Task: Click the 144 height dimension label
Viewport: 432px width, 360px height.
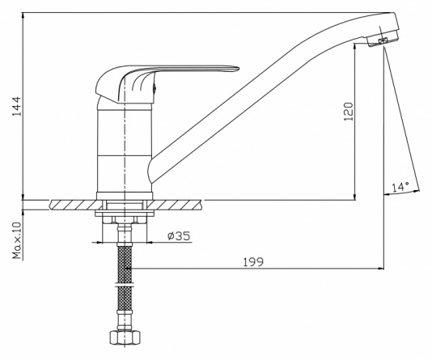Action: click(17, 106)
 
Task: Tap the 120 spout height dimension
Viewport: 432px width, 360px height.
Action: click(348, 112)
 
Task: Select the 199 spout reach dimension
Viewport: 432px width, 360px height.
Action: click(253, 261)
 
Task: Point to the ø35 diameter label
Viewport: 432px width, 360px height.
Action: click(179, 235)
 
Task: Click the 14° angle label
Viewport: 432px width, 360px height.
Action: click(400, 187)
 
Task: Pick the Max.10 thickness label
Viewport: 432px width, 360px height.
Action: click(17, 240)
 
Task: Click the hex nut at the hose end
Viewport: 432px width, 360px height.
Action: click(125, 337)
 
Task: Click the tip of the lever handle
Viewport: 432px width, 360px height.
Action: click(238, 68)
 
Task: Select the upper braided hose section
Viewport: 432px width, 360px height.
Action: click(125, 264)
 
